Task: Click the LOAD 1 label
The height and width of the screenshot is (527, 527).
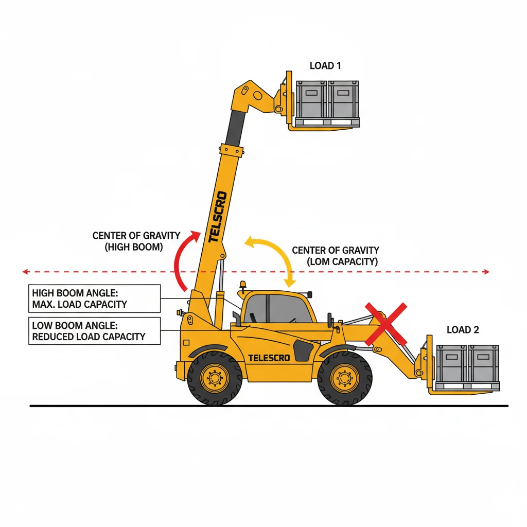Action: coord(325,65)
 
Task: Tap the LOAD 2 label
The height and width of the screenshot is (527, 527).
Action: coord(463,330)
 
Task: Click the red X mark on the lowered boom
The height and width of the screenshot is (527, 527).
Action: coord(386,324)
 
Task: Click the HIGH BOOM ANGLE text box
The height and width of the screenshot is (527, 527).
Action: coord(95,298)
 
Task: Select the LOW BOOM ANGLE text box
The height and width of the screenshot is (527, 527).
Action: coord(95,331)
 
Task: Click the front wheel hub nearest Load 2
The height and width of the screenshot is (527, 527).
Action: coord(345,378)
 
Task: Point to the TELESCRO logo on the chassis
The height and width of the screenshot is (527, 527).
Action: coord(269,358)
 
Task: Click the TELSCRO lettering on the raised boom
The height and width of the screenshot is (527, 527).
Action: coord(218,217)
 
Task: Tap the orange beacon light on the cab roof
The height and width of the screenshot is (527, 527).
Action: coord(242,286)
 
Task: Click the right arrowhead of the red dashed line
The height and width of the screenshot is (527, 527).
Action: coord(487,272)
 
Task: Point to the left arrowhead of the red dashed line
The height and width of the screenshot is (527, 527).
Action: coord(25,272)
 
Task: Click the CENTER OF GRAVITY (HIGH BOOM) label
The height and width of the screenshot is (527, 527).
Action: coord(136,241)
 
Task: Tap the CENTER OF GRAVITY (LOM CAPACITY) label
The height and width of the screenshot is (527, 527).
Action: coord(336,256)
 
